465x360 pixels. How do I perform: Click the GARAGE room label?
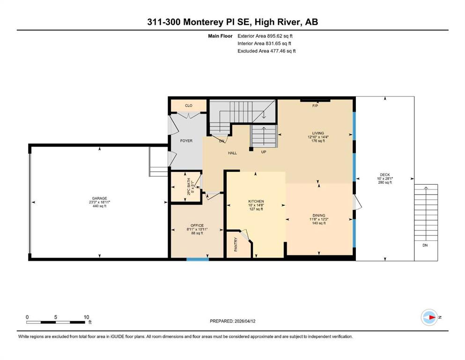pyautogui.click(x=99, y=198)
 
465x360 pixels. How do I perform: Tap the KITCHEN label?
pyautogui.click(x=256, y=201)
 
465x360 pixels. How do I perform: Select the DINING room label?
pyautogui.click(x=319, y=215)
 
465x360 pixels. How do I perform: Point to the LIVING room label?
pyautogui.click(x=318, y=133)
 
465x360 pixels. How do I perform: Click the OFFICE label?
pyautogui.click(x=197, y=225)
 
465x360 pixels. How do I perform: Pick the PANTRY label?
pyautogui.click(x=236, y=245)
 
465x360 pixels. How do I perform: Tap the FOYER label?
pyautogui.click(x=186, y=141)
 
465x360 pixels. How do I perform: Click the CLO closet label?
pyautogui.click(x=189, y=105)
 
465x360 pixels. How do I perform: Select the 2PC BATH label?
pyautogui.click(x=189, y=187)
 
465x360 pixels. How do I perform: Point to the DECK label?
pyautogui.click(x=385, y=175)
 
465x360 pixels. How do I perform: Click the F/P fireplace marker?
pyautogui.click(x=315, y=105)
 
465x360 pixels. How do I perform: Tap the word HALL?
pyautogui.click(x=232, y=153)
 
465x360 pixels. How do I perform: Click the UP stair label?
pyautogui.click(x=264, y=152)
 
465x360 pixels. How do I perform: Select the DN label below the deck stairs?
pyautogui.click(x=425, y=245)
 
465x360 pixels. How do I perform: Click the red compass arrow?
pyautogui.click(x=432, y=317)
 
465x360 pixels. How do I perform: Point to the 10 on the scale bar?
pyautogui.click(x=86, y=317)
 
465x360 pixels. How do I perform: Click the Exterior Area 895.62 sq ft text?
pyautogui.click(x=265, y=36)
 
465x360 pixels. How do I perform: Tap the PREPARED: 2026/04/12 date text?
pyautogui.click(x=232, y=321)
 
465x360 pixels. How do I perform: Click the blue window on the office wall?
pyautogui.click(x=198, y=259)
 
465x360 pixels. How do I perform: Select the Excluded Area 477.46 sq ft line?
pyautogui.click(x=266, y=51)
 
